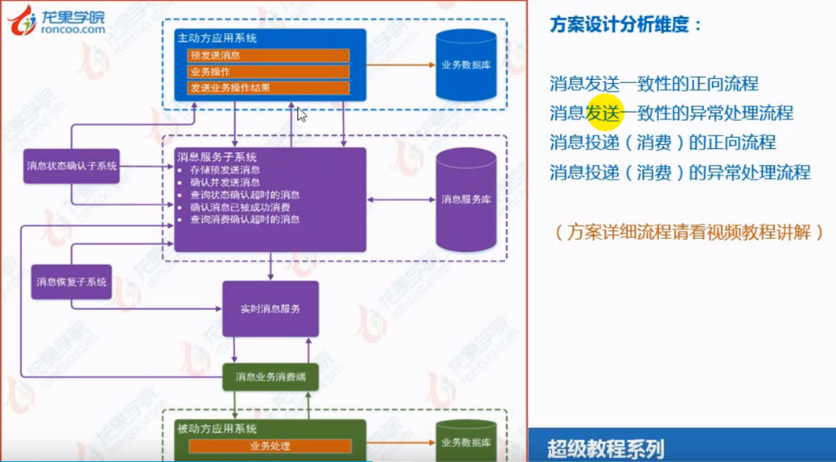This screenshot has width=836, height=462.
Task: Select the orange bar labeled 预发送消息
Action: pos(269,56)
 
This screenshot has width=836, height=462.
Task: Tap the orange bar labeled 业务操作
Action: pos(269,72)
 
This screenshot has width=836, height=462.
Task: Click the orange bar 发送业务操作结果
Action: pos(269,88)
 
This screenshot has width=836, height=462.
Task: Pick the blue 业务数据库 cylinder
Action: pos(466,66)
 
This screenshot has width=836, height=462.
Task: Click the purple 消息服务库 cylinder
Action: pos(466,199)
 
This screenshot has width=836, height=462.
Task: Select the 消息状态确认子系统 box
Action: pos(71,166)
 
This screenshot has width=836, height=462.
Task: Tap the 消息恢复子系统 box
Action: pos(71,282)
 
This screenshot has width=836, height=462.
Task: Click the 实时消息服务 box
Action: pos(270,309)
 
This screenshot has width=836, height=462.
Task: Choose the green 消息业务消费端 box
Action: pos(270,378)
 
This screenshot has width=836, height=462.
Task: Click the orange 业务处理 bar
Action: pos(270,446)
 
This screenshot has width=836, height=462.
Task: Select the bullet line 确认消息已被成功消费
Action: pos(240,208)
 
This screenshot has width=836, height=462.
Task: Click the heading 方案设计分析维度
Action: pos(626,25)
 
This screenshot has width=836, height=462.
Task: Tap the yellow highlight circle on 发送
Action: pos(603,113)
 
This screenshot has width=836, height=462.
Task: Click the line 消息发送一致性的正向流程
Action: pos(654,84)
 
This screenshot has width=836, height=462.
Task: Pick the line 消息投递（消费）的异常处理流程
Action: pos(680,172)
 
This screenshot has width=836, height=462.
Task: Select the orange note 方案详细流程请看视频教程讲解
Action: pos(689,232)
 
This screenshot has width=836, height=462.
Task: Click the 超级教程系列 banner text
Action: pos(605,449)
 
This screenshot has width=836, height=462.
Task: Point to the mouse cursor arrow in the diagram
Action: pos(301,114)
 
